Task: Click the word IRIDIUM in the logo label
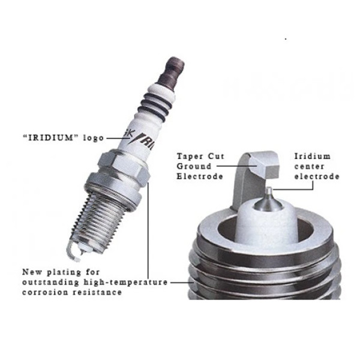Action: (x=51, y=138)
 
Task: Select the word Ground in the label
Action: (x=194, y=166)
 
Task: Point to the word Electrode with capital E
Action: (x=200, y=176)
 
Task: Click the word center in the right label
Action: (x=309, y=166)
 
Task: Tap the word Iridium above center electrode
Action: (x=312, y=157)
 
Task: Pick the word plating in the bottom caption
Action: (x=64, y=272)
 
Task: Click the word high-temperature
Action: (x=125, y=282)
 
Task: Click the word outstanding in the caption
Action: (x=50, y=282)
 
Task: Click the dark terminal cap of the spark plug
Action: (x=172, y=73)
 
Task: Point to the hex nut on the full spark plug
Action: (x=124, y=166)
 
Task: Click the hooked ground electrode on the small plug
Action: (x=73, y=251)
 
